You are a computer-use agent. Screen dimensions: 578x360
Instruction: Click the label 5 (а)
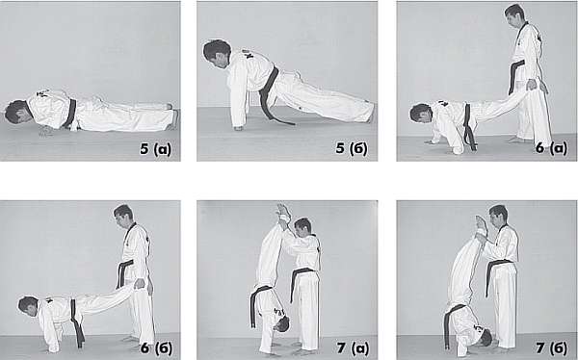tap(155, 149)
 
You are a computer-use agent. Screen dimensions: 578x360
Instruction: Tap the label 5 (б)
tap(352, 148)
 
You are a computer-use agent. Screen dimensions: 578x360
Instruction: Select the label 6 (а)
tap(551, 148)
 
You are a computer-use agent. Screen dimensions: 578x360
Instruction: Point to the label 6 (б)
tap(156, 347)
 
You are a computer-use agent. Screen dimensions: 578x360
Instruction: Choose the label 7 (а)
tap(353, 348)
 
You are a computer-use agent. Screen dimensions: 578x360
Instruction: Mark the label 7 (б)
tap(552, 348)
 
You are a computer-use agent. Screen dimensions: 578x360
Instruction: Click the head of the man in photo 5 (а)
tap(15, 112)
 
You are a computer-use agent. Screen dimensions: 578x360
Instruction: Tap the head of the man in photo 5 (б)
tap(217, 54)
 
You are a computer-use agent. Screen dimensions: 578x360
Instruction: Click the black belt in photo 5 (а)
tap(70, 114)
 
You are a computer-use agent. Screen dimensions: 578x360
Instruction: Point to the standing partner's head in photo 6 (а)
tap(514, 15)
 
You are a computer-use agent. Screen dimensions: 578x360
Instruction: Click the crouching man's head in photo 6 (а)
tap(421, 114)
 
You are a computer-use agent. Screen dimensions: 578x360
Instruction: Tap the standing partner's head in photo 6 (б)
tap(123, 217)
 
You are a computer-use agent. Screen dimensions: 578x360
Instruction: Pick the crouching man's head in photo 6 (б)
tap(28, 306)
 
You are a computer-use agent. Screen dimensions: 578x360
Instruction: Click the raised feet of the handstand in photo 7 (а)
tap(283, 212)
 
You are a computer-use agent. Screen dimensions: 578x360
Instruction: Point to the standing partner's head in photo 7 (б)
tap(499, 217)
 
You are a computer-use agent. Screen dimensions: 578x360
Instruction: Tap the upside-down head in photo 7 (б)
tap(484, 337)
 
